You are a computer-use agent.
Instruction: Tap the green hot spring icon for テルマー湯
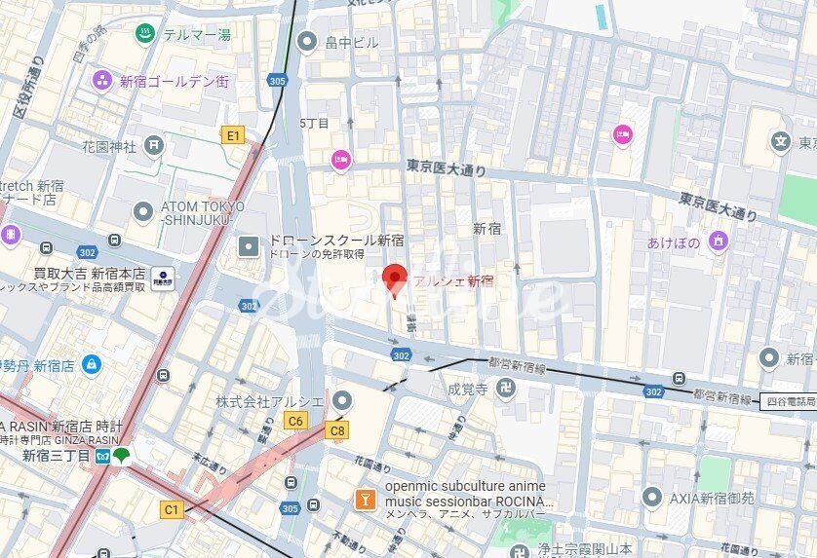click(143, 34)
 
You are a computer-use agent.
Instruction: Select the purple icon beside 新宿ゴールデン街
click(101, 81)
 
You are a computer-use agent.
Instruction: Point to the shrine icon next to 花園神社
click(153, 146)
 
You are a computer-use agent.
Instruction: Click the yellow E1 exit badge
click(232, 135)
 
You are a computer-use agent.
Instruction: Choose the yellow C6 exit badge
click(293, 420)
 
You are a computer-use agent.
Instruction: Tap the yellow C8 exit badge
click(337, 429)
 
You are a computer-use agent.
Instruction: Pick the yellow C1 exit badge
click(172, 508)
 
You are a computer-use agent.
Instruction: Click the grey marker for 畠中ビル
click(307, 41)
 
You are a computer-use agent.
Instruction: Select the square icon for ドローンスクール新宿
click(250, 245)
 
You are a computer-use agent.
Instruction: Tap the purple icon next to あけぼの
click(719, 242)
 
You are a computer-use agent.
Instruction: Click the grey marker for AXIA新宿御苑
click(651, 498)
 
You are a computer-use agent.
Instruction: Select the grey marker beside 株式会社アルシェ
click(341, 400)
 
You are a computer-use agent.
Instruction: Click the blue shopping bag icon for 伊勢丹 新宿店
click(91, 365)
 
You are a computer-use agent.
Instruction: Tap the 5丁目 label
click(314, 123)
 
